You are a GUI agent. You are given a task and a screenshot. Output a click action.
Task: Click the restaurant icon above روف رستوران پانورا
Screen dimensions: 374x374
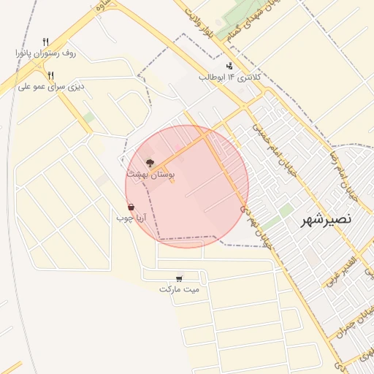(x=45, y=42)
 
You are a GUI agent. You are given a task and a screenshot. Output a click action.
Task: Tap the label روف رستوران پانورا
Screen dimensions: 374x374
(x=47, y=54)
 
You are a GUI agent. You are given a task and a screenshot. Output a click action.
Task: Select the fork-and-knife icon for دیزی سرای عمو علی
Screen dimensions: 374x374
(x=50, y=75)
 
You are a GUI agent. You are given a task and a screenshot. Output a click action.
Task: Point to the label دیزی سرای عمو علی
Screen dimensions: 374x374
(x=51, y=86)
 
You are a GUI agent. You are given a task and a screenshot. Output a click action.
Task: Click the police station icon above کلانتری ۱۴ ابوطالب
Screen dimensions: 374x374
(x=229, y=66)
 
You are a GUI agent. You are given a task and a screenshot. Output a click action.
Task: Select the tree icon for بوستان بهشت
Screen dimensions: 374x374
(x=150, y=163)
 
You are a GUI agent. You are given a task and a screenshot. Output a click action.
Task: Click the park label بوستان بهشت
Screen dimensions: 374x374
(x=150, y=175)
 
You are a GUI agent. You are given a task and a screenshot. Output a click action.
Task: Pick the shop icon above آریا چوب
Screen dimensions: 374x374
(x=131, y=207)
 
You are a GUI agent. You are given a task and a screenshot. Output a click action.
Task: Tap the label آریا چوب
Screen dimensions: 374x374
(x=132, y=218)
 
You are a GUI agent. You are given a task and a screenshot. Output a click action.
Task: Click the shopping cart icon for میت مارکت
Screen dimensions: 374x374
(x=179, y=278)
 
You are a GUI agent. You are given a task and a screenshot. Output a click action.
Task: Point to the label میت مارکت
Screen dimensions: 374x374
(x=179, y=289)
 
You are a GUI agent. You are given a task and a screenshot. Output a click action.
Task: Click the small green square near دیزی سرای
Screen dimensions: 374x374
(x=88, y=117)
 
